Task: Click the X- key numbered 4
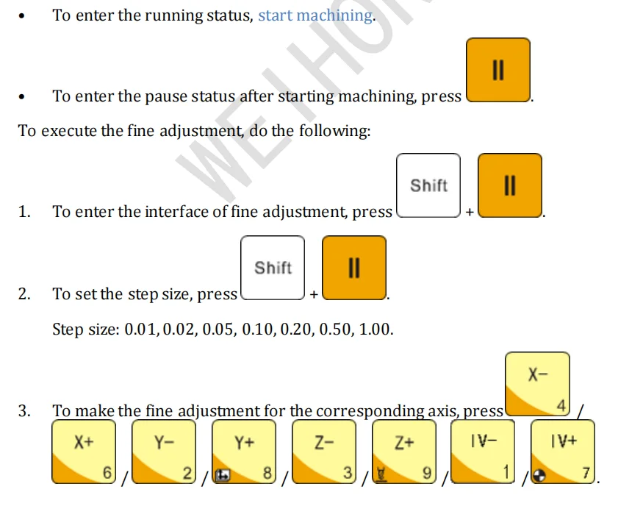538,384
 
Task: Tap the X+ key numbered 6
85,452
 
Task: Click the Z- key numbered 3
325,452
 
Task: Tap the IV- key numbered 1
484,452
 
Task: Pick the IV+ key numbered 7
564,452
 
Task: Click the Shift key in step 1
428,185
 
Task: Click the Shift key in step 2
273,268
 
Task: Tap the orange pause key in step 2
354,268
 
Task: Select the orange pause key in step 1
510,185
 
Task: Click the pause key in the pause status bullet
498,70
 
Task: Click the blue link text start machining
315,15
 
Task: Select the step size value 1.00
376,329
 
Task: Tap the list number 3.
24,411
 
